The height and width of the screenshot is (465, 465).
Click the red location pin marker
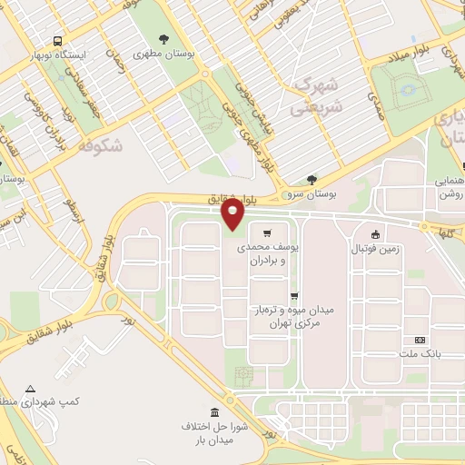(x=233, y=214)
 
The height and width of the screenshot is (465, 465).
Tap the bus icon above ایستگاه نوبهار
(x=57, y=41)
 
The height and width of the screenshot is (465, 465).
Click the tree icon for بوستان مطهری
(x=163, y=39)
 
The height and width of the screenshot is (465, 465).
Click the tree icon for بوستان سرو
(x=312, y=180)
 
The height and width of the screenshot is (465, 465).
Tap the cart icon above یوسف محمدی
(x=267, y=232)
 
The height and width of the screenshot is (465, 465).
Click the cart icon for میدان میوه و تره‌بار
(x=293, y=296)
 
